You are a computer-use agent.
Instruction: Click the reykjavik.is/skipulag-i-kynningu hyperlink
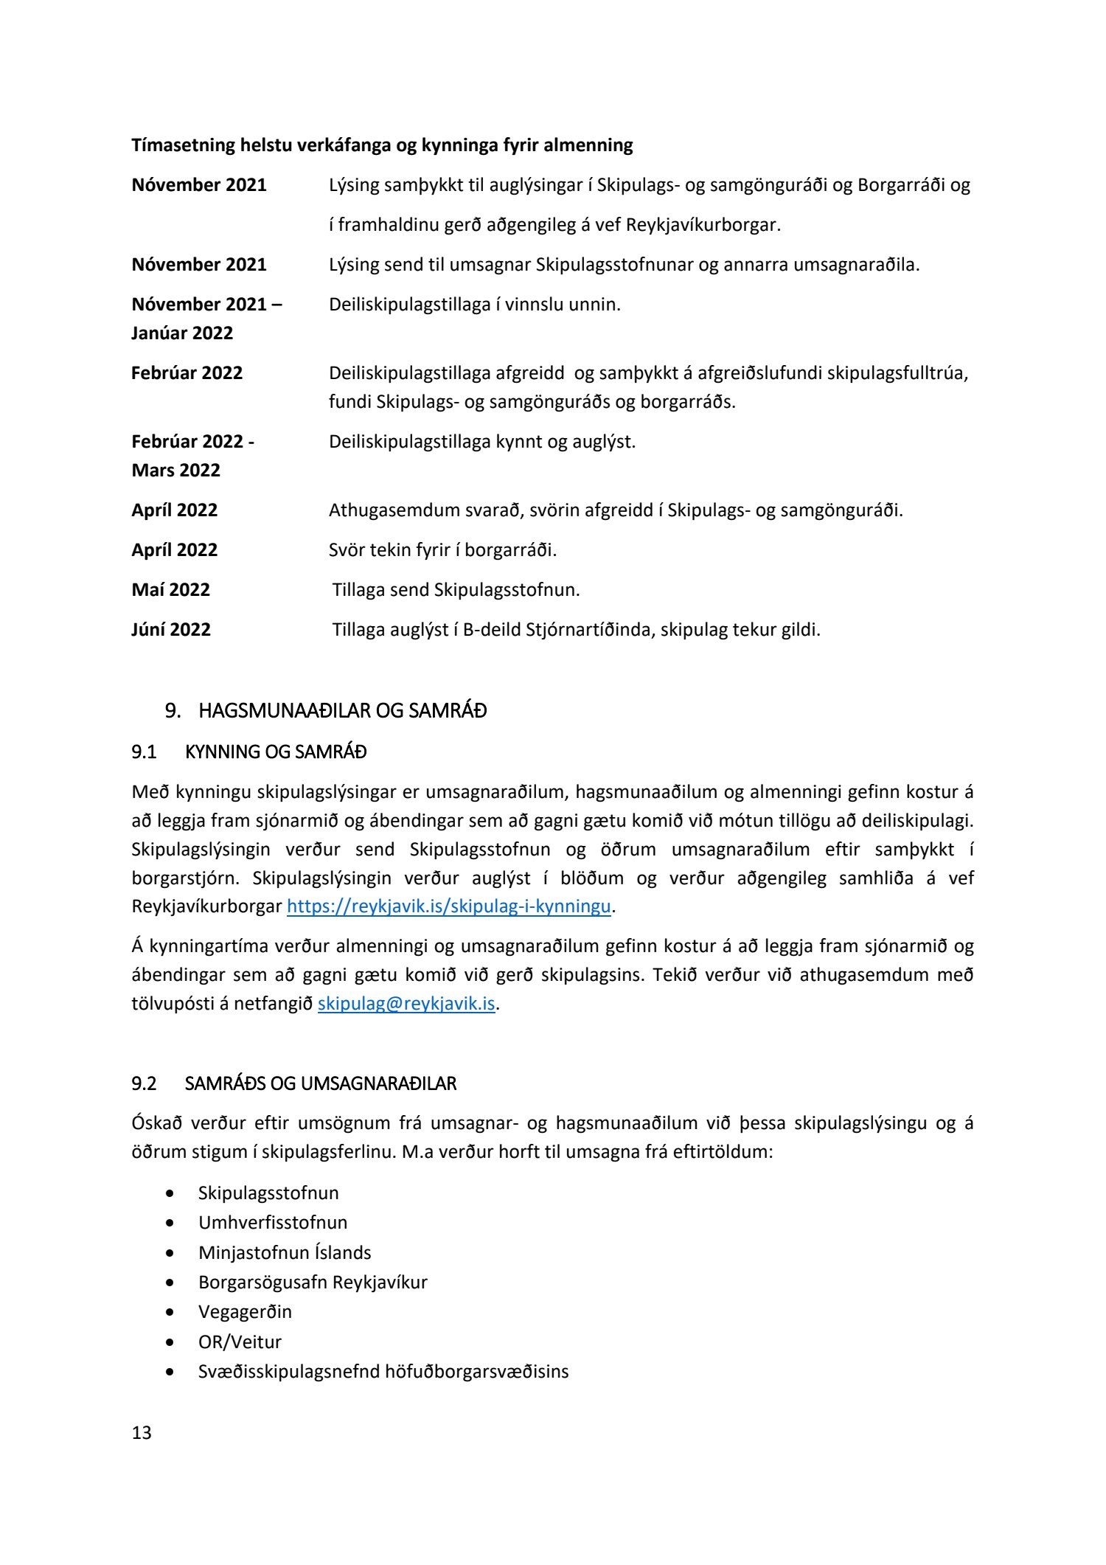tap(448, 906)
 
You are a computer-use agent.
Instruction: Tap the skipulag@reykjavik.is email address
tap(406, 1004)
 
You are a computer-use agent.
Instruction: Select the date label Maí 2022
tap(170, 590)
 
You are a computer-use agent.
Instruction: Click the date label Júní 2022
tap(171, 630)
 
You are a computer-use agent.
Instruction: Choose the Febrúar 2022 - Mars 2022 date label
tap(192, 456)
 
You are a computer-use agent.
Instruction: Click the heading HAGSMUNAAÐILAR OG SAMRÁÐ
tap(342, 711)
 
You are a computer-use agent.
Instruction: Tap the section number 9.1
tap(144, 752)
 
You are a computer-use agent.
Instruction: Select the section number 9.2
tap(144, 1083)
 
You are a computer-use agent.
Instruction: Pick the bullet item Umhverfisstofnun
tap(272, 1222)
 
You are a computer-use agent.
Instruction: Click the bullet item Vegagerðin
tap(245, 1311)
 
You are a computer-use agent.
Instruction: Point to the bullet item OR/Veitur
tap(240, 1342)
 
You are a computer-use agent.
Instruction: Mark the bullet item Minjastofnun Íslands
tap(285, 1252)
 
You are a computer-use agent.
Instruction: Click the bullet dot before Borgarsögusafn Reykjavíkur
tap(171, 1283)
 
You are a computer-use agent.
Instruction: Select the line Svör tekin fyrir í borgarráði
tap(442, 550)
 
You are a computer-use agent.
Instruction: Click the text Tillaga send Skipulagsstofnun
tap(456, 590)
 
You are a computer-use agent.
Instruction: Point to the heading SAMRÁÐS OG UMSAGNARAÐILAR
tap(320, 1083)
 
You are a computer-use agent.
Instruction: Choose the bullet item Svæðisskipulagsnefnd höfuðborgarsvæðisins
tap(383, 1372)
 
